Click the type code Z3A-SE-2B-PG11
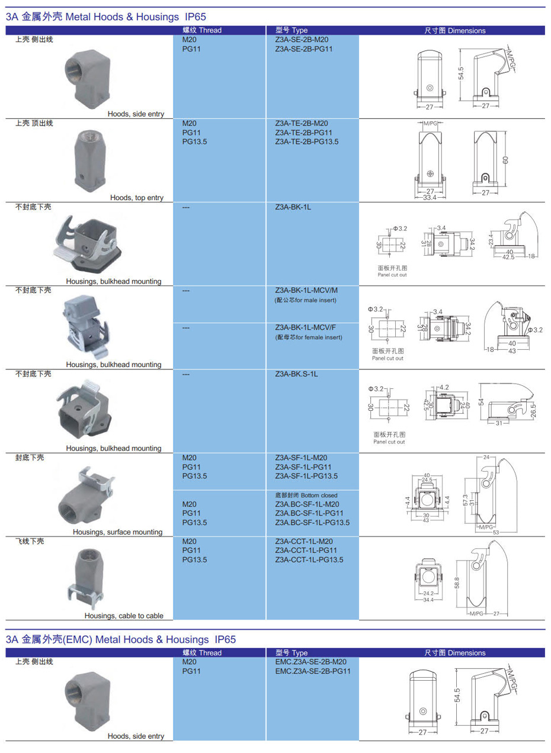click(303, 49)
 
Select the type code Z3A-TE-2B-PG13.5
click(306, 141)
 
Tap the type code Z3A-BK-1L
click(293, 207)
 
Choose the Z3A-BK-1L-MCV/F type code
click(305, 327)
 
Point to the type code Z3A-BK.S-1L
click(296, 374)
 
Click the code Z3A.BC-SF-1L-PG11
click(309, 513)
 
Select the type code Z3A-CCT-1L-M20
click(303, 541)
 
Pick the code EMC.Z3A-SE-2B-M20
click(310, 662)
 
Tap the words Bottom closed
click(319, 495)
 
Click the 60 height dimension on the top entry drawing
click(505, 160)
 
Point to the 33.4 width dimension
click(430, 197)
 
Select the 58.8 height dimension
click(456, 583)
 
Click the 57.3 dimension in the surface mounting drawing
click(465, 500)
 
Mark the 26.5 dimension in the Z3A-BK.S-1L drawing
click(533, 411)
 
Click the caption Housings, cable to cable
click(124, 616)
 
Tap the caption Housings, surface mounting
click(118, 532)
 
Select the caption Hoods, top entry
click(137, 197)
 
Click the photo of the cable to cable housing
click(86, 578)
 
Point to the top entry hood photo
click(89, 160)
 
